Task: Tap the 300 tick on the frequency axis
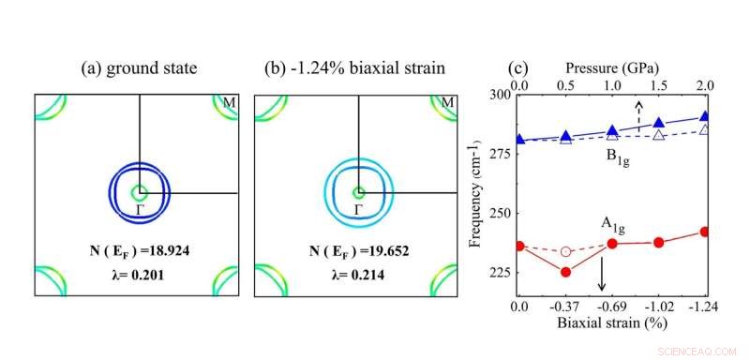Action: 497,95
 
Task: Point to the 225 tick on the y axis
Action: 497,273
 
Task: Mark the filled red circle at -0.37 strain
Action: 565,272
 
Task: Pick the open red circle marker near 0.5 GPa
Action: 565,251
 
